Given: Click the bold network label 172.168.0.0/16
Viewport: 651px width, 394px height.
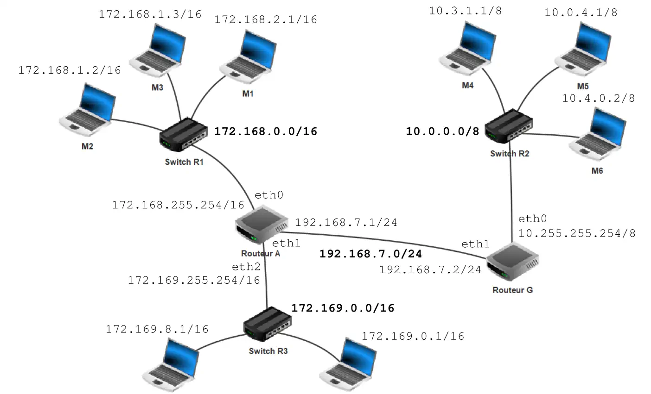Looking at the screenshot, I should click(265, 131).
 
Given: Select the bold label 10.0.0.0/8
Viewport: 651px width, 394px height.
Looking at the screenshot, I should click(442, 131).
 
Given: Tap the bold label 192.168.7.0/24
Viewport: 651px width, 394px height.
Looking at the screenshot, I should click(371, 254).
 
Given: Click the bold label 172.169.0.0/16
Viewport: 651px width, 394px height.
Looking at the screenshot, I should click(343, 308).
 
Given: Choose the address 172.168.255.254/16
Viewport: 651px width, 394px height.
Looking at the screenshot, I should click(178, 205).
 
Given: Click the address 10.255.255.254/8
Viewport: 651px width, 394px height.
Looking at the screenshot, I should click(576, 233).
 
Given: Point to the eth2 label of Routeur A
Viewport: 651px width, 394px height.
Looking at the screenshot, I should click(246, 267).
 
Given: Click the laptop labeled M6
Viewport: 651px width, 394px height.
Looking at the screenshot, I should click(598, 132).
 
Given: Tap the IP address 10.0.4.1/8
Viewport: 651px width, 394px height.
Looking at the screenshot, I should click(581, 13).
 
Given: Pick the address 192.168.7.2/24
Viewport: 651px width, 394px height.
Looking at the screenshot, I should click(430, 270).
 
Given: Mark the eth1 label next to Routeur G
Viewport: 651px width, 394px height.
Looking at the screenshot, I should click(475, 244).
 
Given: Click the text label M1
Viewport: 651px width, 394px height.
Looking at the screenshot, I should click(248, 94).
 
